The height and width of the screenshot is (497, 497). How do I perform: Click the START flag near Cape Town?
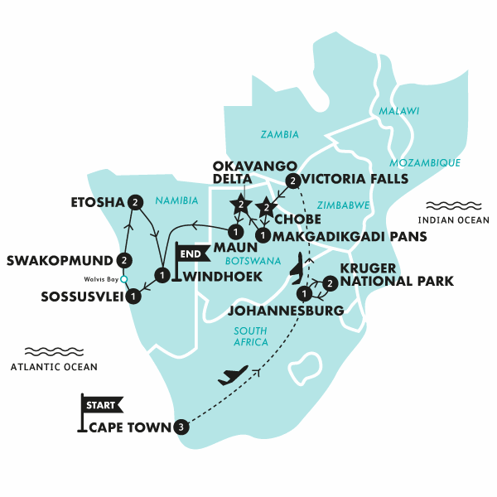(100, 405)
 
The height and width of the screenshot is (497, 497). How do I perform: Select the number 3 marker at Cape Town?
(182, 427)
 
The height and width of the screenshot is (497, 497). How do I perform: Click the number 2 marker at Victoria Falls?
(292, 181)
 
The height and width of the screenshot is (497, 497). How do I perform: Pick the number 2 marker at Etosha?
(136, 200)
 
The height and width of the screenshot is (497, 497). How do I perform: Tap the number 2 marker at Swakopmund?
(124, 260)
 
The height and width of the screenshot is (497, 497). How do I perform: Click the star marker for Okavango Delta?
(241, 203)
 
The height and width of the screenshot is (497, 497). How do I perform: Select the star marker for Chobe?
(267, 206)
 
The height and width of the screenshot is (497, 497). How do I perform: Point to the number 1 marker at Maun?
(235, 231)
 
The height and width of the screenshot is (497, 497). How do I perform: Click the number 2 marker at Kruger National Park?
(330, 284)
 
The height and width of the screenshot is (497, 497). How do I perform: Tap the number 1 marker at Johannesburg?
(305, 294)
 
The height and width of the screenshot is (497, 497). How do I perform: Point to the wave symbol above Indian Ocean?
(448, 205)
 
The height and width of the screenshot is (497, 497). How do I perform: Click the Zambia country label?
(280, 134)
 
